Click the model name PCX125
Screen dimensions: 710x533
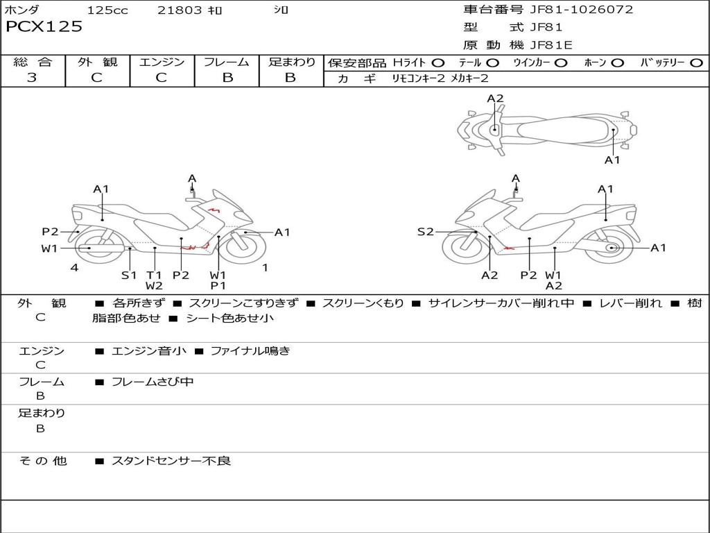(x=44, y=27)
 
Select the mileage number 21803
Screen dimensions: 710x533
(x=180, y=10)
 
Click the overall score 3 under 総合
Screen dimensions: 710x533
(x=32, y=78)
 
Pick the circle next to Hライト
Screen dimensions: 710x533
(x=438, y=63)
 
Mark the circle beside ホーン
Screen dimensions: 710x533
(x=617, y=63)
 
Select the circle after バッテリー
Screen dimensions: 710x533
(x=696, y=63)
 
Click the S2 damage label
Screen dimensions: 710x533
(x=425, y=232)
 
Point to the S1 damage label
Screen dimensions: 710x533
(x=129, y=275)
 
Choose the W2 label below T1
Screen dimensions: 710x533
(x=154, y=285)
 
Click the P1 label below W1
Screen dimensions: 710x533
(x=218, y=285)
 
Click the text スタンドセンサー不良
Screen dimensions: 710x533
(x=171, y=461)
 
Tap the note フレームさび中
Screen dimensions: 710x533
(x=153, y=382)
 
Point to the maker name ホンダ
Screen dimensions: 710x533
(x=22, y=10)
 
